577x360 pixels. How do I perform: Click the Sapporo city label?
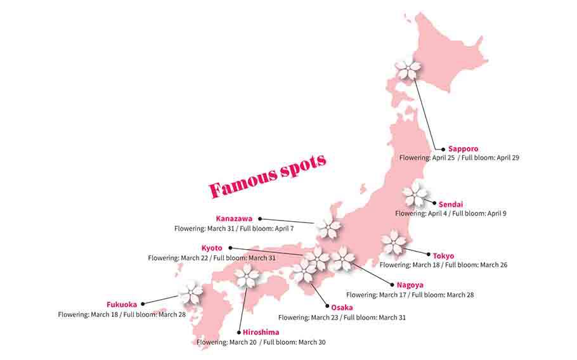[464, 149]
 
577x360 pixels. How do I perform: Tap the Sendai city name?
[451, 204]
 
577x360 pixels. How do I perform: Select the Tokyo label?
[443, 255]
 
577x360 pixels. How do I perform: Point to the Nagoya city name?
[410, 285]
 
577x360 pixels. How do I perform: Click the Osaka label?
[342, 307]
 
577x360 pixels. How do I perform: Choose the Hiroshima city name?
[261, 332]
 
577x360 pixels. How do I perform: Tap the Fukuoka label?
[122, 304]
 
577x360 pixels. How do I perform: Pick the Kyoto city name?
[212, 248]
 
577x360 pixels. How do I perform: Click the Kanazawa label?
[234, 219]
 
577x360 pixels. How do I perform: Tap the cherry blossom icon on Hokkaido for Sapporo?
[408, 69]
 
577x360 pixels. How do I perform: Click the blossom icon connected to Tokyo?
[394, 242]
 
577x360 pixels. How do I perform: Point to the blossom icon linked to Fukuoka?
[190, 293]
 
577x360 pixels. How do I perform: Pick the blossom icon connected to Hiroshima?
[247, 276]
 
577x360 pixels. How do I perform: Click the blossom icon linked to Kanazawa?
[329, 228]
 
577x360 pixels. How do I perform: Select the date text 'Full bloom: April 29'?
[491, 158]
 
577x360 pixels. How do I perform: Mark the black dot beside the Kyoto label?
[230, 248]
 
